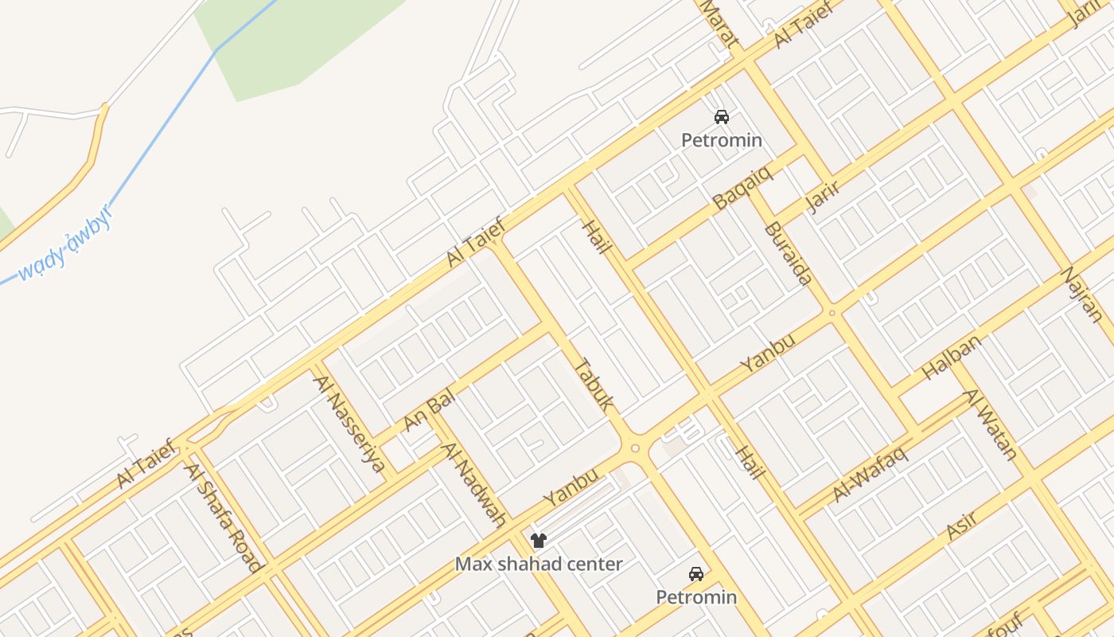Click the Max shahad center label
click(x=539, y=564)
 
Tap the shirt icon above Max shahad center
click(x=539, y=541)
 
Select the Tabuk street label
click(x=594, y=385)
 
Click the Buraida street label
click(x=788, y=253)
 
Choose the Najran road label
click(x=1083, y=294)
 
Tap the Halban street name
click(x=951, y=357)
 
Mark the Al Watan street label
click(x=991, y=424)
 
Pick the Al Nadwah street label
click(x=475, y=485)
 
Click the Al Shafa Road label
click(x=224, y=517)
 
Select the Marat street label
click(x=719, y=24)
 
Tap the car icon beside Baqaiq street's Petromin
click(x=722, y=117)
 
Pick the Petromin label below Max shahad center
click(x=696, y=596)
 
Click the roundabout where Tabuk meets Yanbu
click(x=635, y=448)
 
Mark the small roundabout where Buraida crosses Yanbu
click(x=832, y=313)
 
